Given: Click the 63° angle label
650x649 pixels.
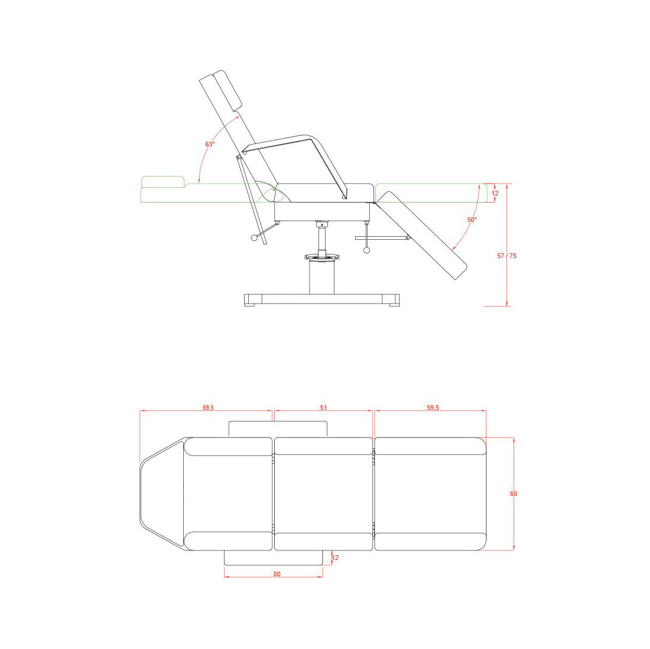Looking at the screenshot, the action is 210,144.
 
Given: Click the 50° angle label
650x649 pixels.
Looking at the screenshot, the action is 472,220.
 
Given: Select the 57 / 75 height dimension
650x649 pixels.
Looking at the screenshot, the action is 506,256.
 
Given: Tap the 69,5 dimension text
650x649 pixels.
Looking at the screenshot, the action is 208,407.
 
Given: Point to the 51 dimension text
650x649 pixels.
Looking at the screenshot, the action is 323,407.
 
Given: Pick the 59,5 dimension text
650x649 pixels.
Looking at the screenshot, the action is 433,407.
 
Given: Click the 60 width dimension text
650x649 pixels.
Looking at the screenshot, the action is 513,494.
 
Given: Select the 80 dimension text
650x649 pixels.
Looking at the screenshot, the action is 277,574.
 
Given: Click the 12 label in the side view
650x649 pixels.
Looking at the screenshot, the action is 495,194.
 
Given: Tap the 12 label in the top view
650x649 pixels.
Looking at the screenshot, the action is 335,557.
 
